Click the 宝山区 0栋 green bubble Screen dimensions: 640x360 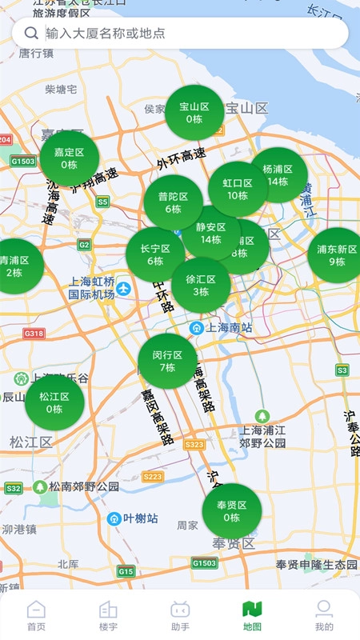(194, 113)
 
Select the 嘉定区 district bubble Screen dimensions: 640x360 (70, 158)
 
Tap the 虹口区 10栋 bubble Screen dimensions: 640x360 (237, 189)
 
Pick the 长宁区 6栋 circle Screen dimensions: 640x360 (154, 254)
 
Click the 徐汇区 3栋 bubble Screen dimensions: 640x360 (201, 286)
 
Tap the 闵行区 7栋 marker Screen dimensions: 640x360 (167, 361)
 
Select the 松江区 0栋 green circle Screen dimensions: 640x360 (54, 402)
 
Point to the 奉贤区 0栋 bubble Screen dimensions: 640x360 (232, 511)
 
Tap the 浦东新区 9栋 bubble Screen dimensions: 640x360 (336, 255)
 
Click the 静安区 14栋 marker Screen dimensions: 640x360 (210, 233)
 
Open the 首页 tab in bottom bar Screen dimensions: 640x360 (36, 615)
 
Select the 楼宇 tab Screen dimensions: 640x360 (108, 615)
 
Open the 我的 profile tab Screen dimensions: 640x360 (324, 615)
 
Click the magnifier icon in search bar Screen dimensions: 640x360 (32, 33)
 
